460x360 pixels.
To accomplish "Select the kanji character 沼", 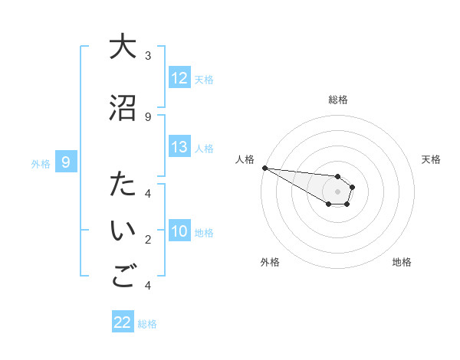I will click(x=122, y=107).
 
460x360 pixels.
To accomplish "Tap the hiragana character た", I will click(x=122, y=185).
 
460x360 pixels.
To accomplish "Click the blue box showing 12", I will click(x=179, y=78).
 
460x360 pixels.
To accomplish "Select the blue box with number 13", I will click(x=179, y=147).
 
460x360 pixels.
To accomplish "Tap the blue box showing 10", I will click(x=179, y=231).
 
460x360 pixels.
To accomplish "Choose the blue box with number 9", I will click(x=66, y=162).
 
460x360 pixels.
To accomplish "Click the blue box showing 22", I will click(x=123, y=322).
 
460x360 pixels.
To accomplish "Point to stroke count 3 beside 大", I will click(x=148, y=55).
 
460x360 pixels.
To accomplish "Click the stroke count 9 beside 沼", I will click(x=148, y=116).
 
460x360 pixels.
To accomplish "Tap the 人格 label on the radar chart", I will click(x=245, y=159).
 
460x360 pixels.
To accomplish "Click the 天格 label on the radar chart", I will click(x=431, y=159).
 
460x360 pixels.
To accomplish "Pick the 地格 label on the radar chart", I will click(x=402, y=262).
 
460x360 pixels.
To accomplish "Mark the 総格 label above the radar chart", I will click(x=337, y=100).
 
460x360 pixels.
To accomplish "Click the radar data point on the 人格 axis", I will click(x=264, y=168).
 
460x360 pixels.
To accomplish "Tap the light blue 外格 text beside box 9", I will click(x=41, y=163).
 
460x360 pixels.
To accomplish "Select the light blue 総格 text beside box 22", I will click(x=147, y=324).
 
